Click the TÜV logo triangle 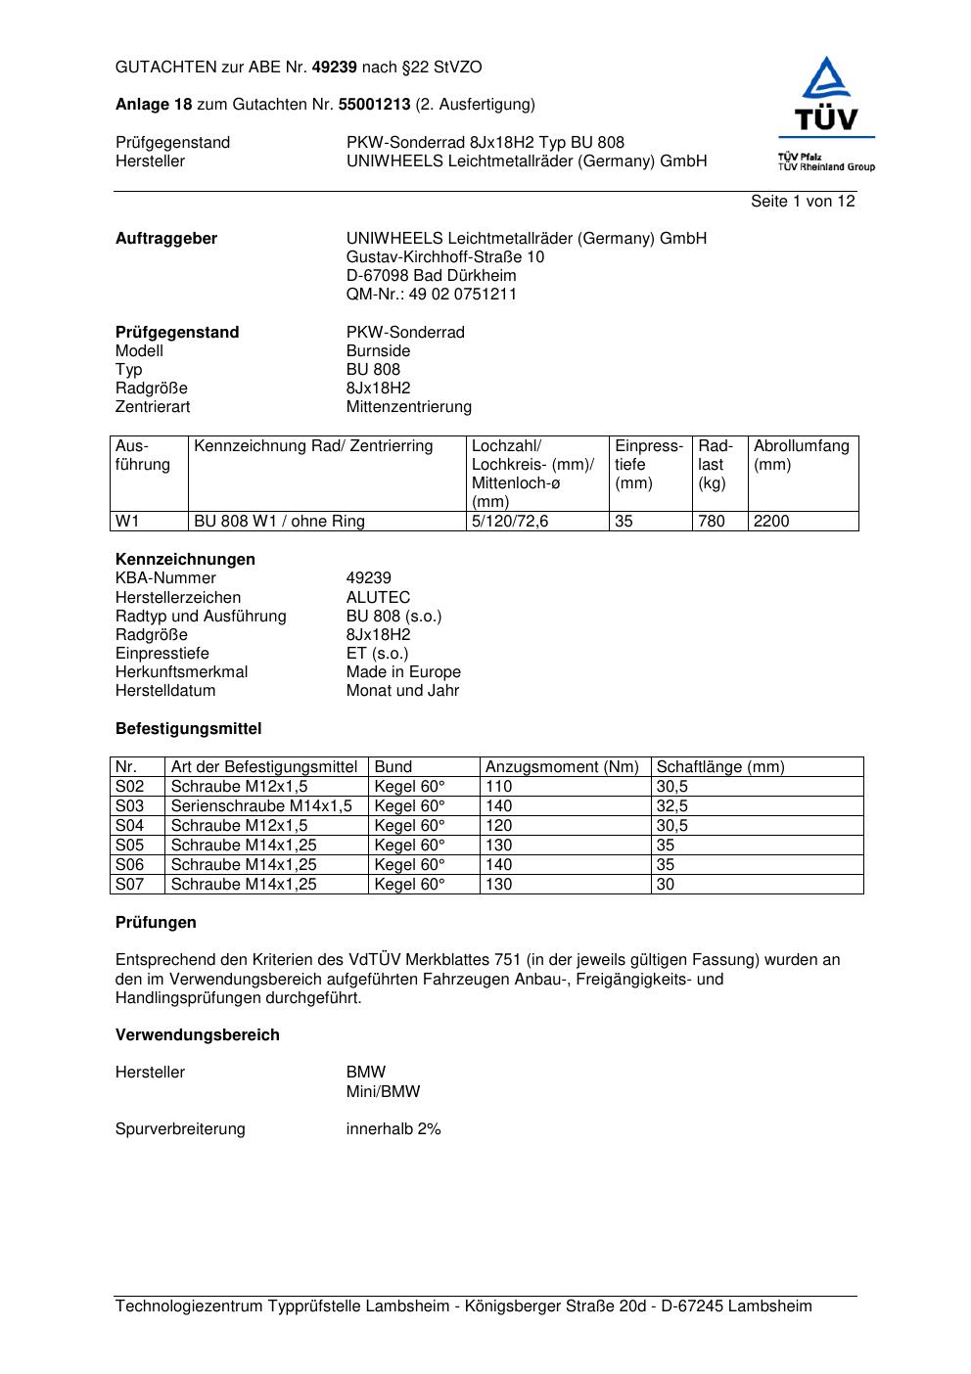[x=827, y=78]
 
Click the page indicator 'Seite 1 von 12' [x=803, y=202]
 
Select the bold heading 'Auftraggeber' [x=166, y=239]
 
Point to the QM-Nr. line [x=432, y=295]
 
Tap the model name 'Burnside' [x=378, y=351]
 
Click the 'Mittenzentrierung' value [x=408, y=407]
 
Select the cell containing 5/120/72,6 [x=510, y=522]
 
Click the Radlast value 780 [x=712, y=522]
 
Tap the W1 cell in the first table [x=128, y=522]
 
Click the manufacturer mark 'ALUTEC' [x=378, y=598]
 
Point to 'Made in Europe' [x=403, y=672]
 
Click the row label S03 [x=130, y=806]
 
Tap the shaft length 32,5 [x=672, y=806]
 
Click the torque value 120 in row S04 [x=499, y=826]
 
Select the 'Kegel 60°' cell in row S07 [x=409, y=885]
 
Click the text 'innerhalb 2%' [x=393, y=1129]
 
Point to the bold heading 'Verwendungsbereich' [x=198, y=1035]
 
